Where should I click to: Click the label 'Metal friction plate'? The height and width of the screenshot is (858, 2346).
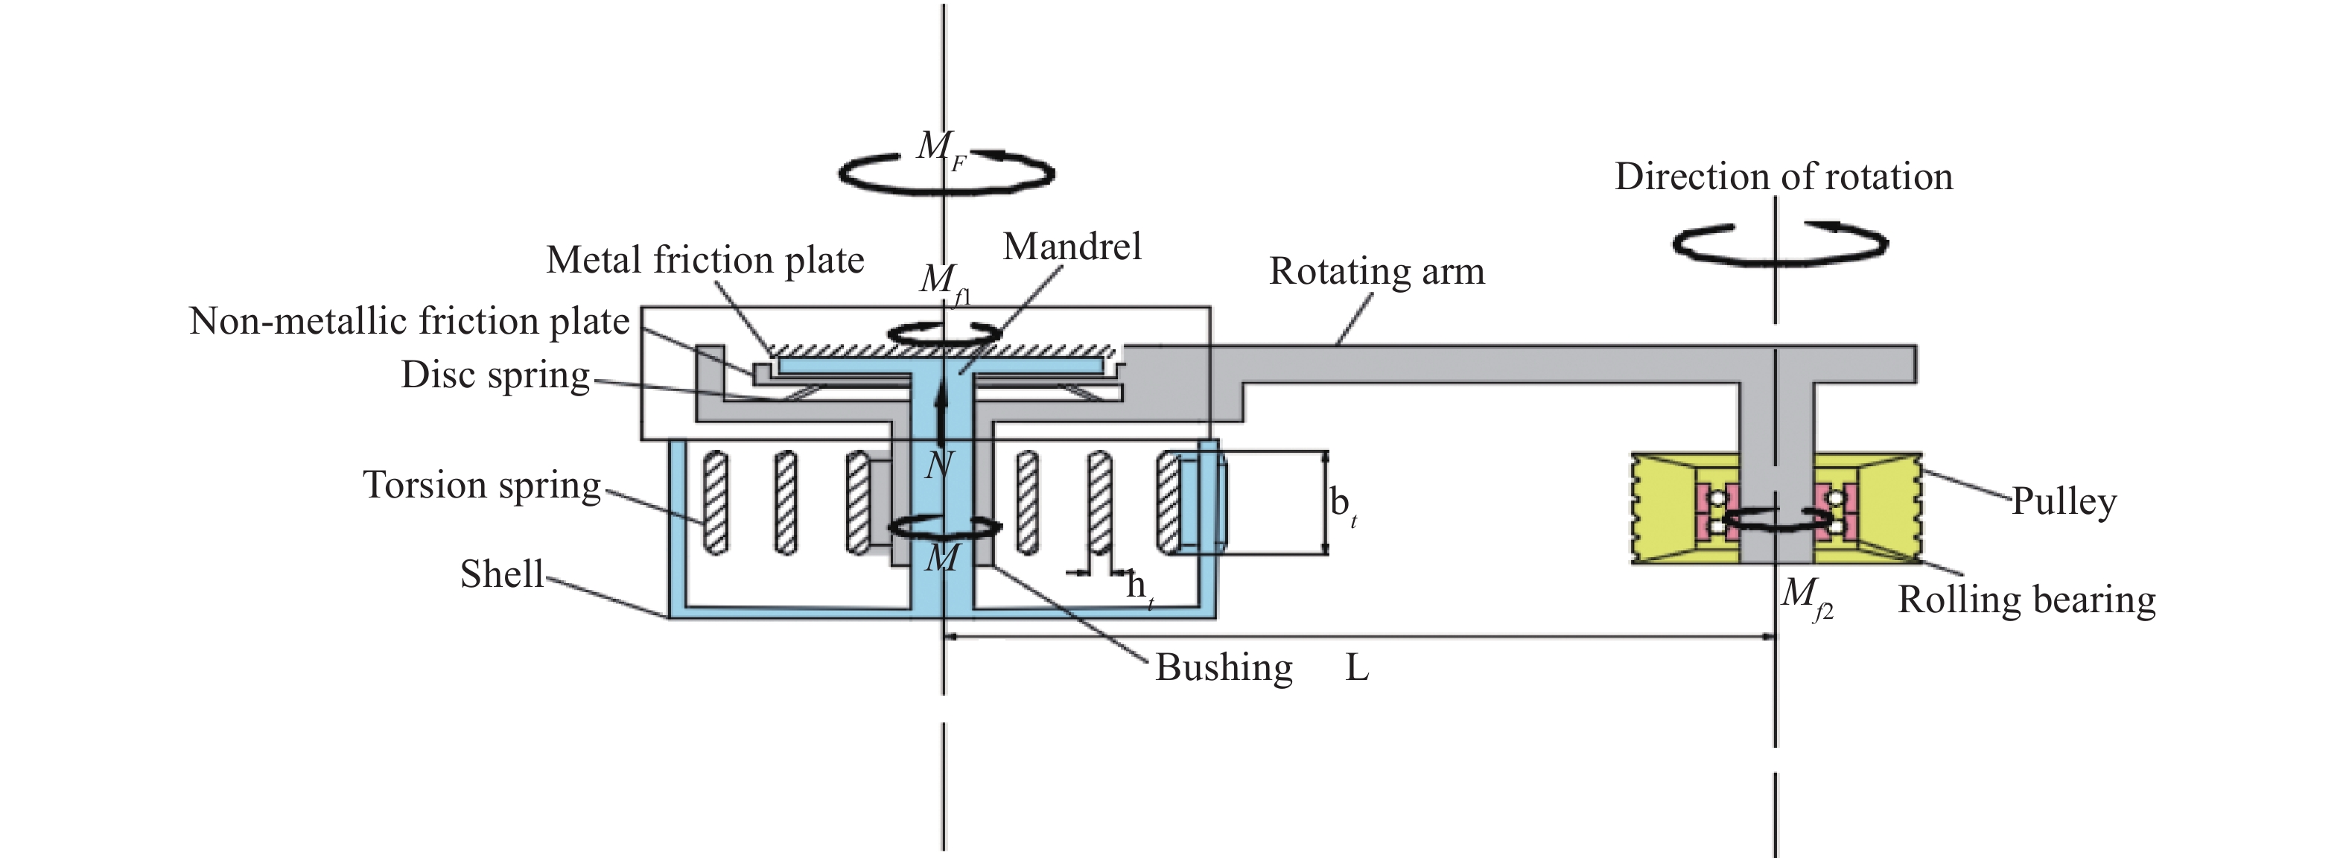tap(705, 261)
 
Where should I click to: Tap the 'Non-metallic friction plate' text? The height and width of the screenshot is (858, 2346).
tap(409, 322)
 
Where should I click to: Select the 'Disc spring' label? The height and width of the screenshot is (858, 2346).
tap(495, 375)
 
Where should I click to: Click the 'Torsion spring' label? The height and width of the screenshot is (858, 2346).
tap(482, 485)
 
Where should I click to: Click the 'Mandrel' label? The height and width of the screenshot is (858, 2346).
tap(1071, 247)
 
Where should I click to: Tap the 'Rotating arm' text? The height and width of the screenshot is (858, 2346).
tap(1376, 271)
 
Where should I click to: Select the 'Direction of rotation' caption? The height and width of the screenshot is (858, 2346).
tap(1783, 177)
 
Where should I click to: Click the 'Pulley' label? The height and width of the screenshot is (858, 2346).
tap(2063, 501)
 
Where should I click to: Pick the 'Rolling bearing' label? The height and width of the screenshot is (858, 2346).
tap(2026, 600)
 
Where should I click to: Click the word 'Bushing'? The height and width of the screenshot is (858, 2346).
tap(1223, 667)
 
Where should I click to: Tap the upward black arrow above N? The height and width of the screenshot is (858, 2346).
tap(941, 406)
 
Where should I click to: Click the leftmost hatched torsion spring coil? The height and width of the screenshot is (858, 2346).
tap(716, 503)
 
